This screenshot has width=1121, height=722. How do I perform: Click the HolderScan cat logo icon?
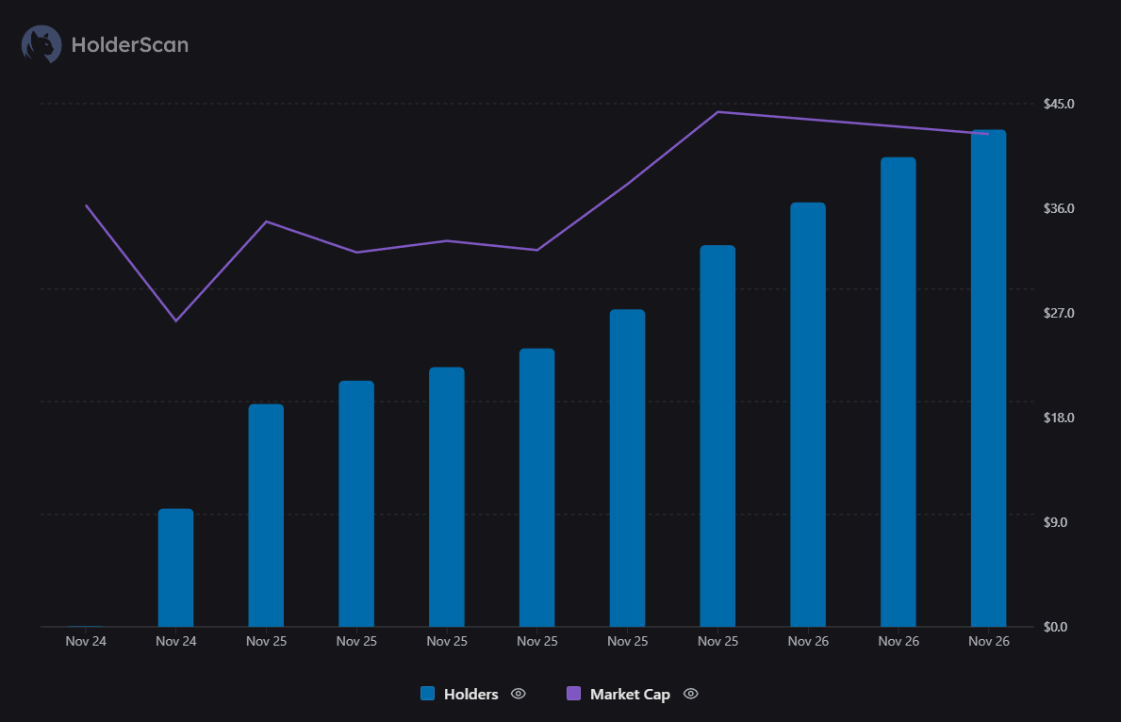(x=41, y=44)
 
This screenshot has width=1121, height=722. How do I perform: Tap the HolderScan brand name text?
(x=130, y=44)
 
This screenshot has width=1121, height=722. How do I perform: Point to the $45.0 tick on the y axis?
(x=1059, y=103)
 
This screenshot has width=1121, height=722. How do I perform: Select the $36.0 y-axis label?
(x=1059, y=208)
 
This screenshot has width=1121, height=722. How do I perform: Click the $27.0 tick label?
(x=1059, y=313)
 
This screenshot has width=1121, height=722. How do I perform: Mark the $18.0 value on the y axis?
(x=1059, y=418)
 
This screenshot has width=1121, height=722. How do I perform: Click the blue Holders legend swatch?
(x=428, y=694)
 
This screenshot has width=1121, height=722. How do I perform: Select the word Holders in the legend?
(x=470, y=695)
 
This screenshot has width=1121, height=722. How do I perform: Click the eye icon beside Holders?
(x=518, y=694)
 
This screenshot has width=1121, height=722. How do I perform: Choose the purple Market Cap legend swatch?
(x=573, y=694)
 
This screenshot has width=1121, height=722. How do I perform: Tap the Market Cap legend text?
(x=630, y=695)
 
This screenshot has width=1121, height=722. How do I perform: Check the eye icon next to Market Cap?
(x=691, y=694)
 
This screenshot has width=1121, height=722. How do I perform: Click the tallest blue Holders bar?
(x=988, y=377)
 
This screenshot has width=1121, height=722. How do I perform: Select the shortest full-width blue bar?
(x=175, y=567)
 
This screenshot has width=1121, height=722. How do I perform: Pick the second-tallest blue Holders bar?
(x=898, y=391)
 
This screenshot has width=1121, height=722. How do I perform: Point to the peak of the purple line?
(x=717, y=112)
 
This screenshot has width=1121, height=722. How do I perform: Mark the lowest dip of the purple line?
(x=175, y=320)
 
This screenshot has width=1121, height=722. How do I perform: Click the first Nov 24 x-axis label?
(x=85, y=642)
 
